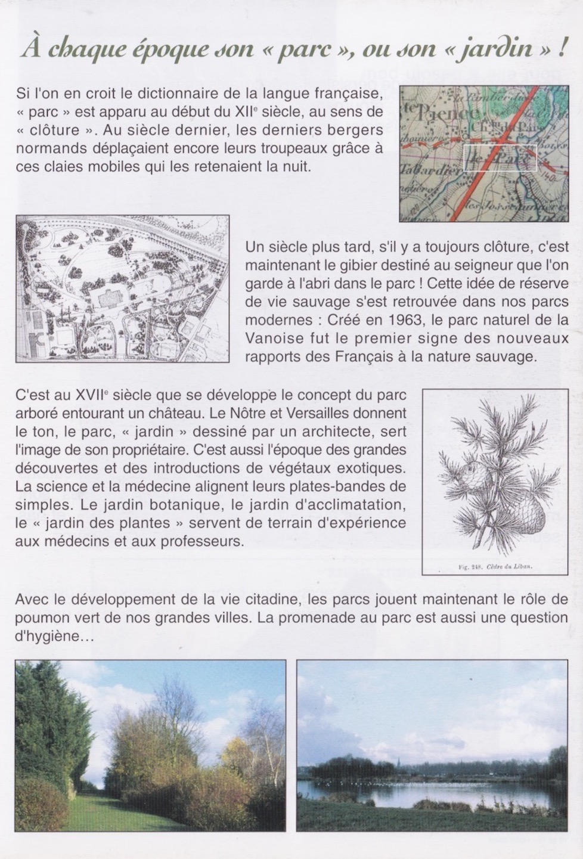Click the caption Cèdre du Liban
pyautogui.click(x=508, y=566)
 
